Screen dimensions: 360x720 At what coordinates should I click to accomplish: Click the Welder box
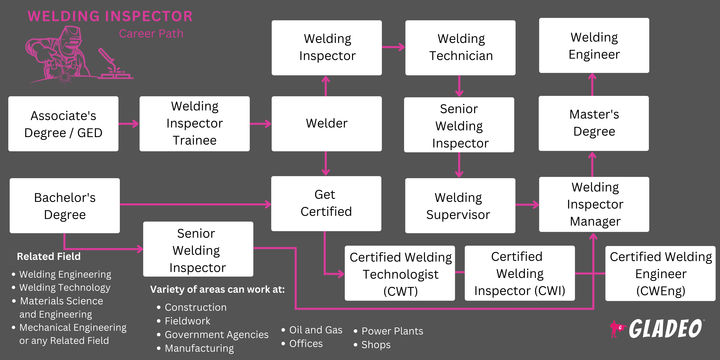click(x=326, y=124)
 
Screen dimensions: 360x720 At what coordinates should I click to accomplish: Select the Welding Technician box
click(x=460, y=47)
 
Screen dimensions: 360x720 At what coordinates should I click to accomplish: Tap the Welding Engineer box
click(x=594, y=46)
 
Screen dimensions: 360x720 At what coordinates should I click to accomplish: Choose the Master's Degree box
click(x=594, y=123)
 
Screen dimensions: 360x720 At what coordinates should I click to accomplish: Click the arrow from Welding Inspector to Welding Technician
click(x=393, y=47)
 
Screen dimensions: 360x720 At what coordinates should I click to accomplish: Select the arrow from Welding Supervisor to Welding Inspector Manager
click(x=527, y=205)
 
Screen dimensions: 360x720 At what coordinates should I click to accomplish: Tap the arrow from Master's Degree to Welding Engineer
click(x=592, y=84)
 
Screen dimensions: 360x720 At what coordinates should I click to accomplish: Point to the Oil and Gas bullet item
click(x=315, y=330)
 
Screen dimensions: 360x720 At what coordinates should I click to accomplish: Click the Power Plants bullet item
click(x=392, y=331)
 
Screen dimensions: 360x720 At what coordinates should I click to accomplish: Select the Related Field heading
click(x=49, y=256)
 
